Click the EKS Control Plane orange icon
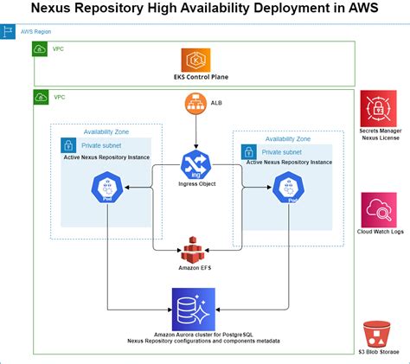[x=195, y=60]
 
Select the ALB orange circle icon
[x=195, y=105]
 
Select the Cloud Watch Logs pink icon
[x=379, y=209]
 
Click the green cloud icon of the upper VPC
[x=41, y=49]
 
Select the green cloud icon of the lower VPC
[x=41, y=98]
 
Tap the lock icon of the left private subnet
[x=67, y=145]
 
